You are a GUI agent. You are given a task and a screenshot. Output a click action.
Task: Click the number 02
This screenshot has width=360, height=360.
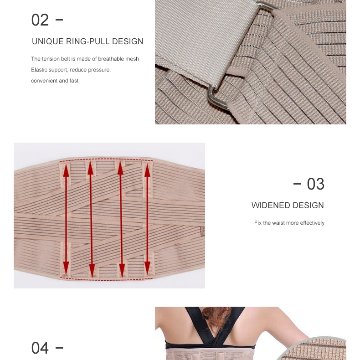coord(40,20)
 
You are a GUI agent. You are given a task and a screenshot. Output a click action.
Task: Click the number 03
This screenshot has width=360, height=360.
coord(316,184)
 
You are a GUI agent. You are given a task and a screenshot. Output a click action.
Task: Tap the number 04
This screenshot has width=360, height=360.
coord(40,348)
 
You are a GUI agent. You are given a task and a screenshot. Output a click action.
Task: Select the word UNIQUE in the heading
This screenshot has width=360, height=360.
coord(47,41)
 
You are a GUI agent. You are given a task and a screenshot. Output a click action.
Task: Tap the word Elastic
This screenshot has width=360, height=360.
coord(38,70)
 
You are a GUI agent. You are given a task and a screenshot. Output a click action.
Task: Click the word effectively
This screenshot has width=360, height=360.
coord(312,223)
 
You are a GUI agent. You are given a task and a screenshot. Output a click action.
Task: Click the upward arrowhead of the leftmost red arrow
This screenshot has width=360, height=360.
coord(66,170)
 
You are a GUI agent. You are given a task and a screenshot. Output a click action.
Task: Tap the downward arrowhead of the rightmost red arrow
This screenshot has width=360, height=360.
coord(147,268)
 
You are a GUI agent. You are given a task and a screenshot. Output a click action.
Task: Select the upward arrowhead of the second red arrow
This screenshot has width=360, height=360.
coord(91,168)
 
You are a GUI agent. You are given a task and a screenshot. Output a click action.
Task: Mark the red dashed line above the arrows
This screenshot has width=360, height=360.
coord(106,159)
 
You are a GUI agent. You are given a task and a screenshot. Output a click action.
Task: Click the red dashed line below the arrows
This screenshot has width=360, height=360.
coord(106,279)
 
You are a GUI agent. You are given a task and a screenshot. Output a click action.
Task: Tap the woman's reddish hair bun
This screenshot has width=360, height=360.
coord(217,316)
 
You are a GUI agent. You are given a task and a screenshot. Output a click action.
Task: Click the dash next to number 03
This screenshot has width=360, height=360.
coord(297,184)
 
